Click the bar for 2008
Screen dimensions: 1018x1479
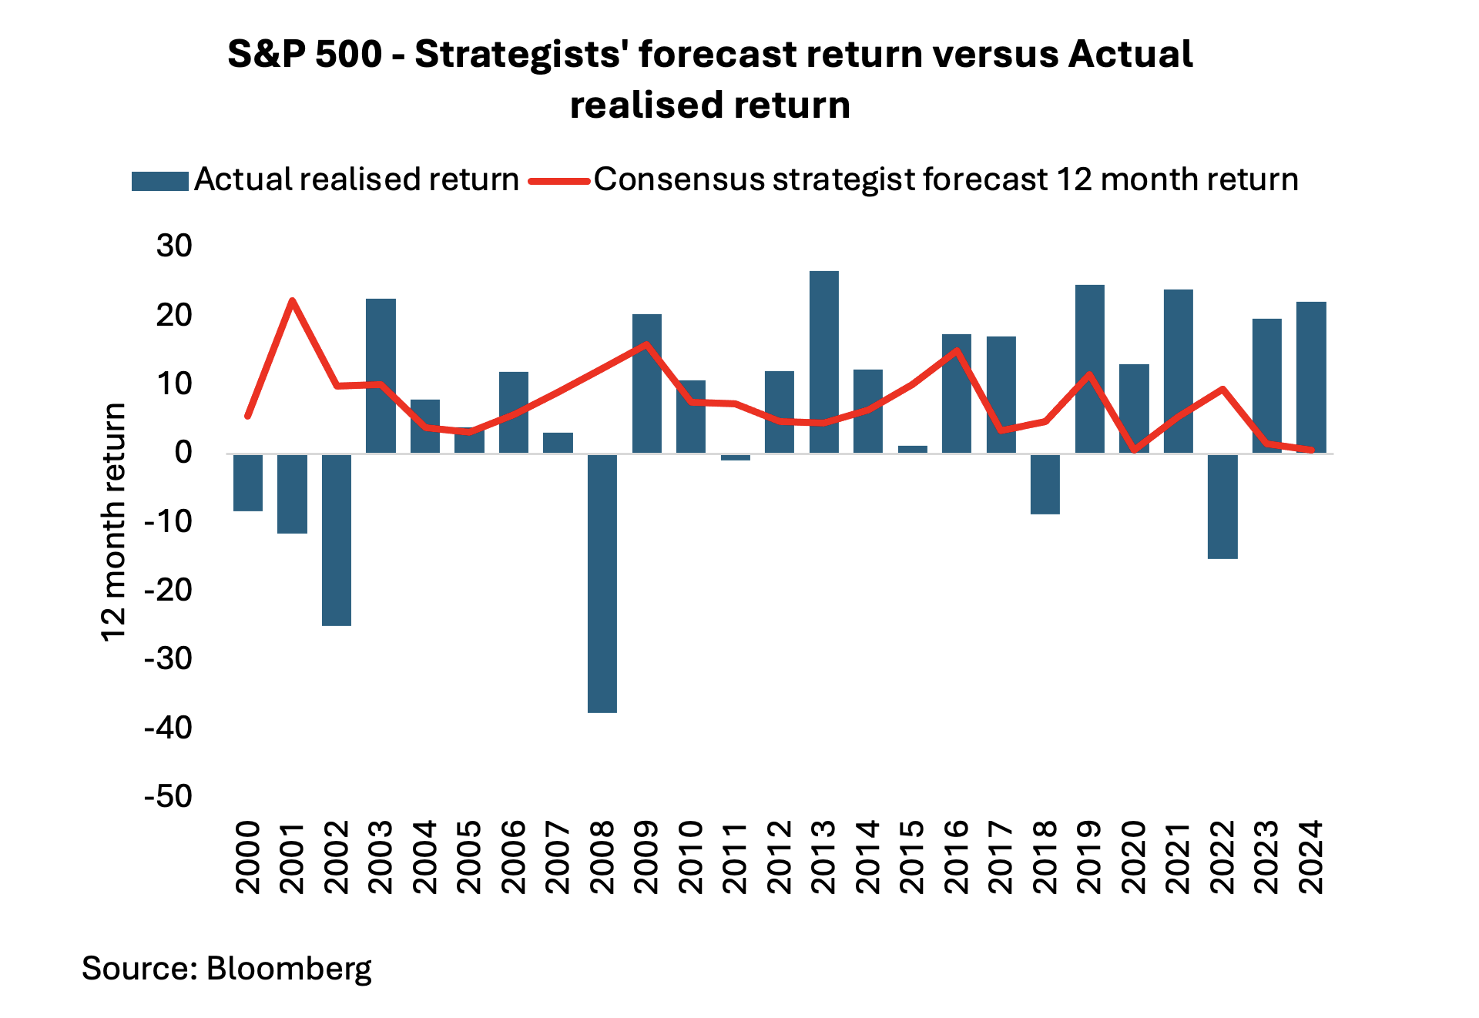point(602,583)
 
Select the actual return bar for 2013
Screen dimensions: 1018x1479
point(824,362)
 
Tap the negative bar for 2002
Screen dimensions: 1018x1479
point(337,539)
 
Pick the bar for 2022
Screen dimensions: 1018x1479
point(1222,506)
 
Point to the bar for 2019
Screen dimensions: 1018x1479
point(1090,369)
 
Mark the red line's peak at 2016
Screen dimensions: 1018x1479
point(957,351)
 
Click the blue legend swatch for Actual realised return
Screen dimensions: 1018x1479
point(160,181)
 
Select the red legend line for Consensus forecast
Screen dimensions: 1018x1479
point(560,182)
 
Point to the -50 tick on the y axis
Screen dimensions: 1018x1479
point(169,796)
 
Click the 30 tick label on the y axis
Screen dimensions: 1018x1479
point(174,246)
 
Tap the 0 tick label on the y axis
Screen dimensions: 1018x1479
point(183,453)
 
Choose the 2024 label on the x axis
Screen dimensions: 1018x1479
point(1311,856)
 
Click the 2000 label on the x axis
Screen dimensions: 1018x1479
point(248,856)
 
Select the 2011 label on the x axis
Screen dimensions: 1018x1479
point(736,856)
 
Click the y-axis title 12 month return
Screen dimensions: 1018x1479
point(114,521)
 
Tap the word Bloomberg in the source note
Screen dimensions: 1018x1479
point(289,968)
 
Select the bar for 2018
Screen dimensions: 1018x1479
point(1045,484)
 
